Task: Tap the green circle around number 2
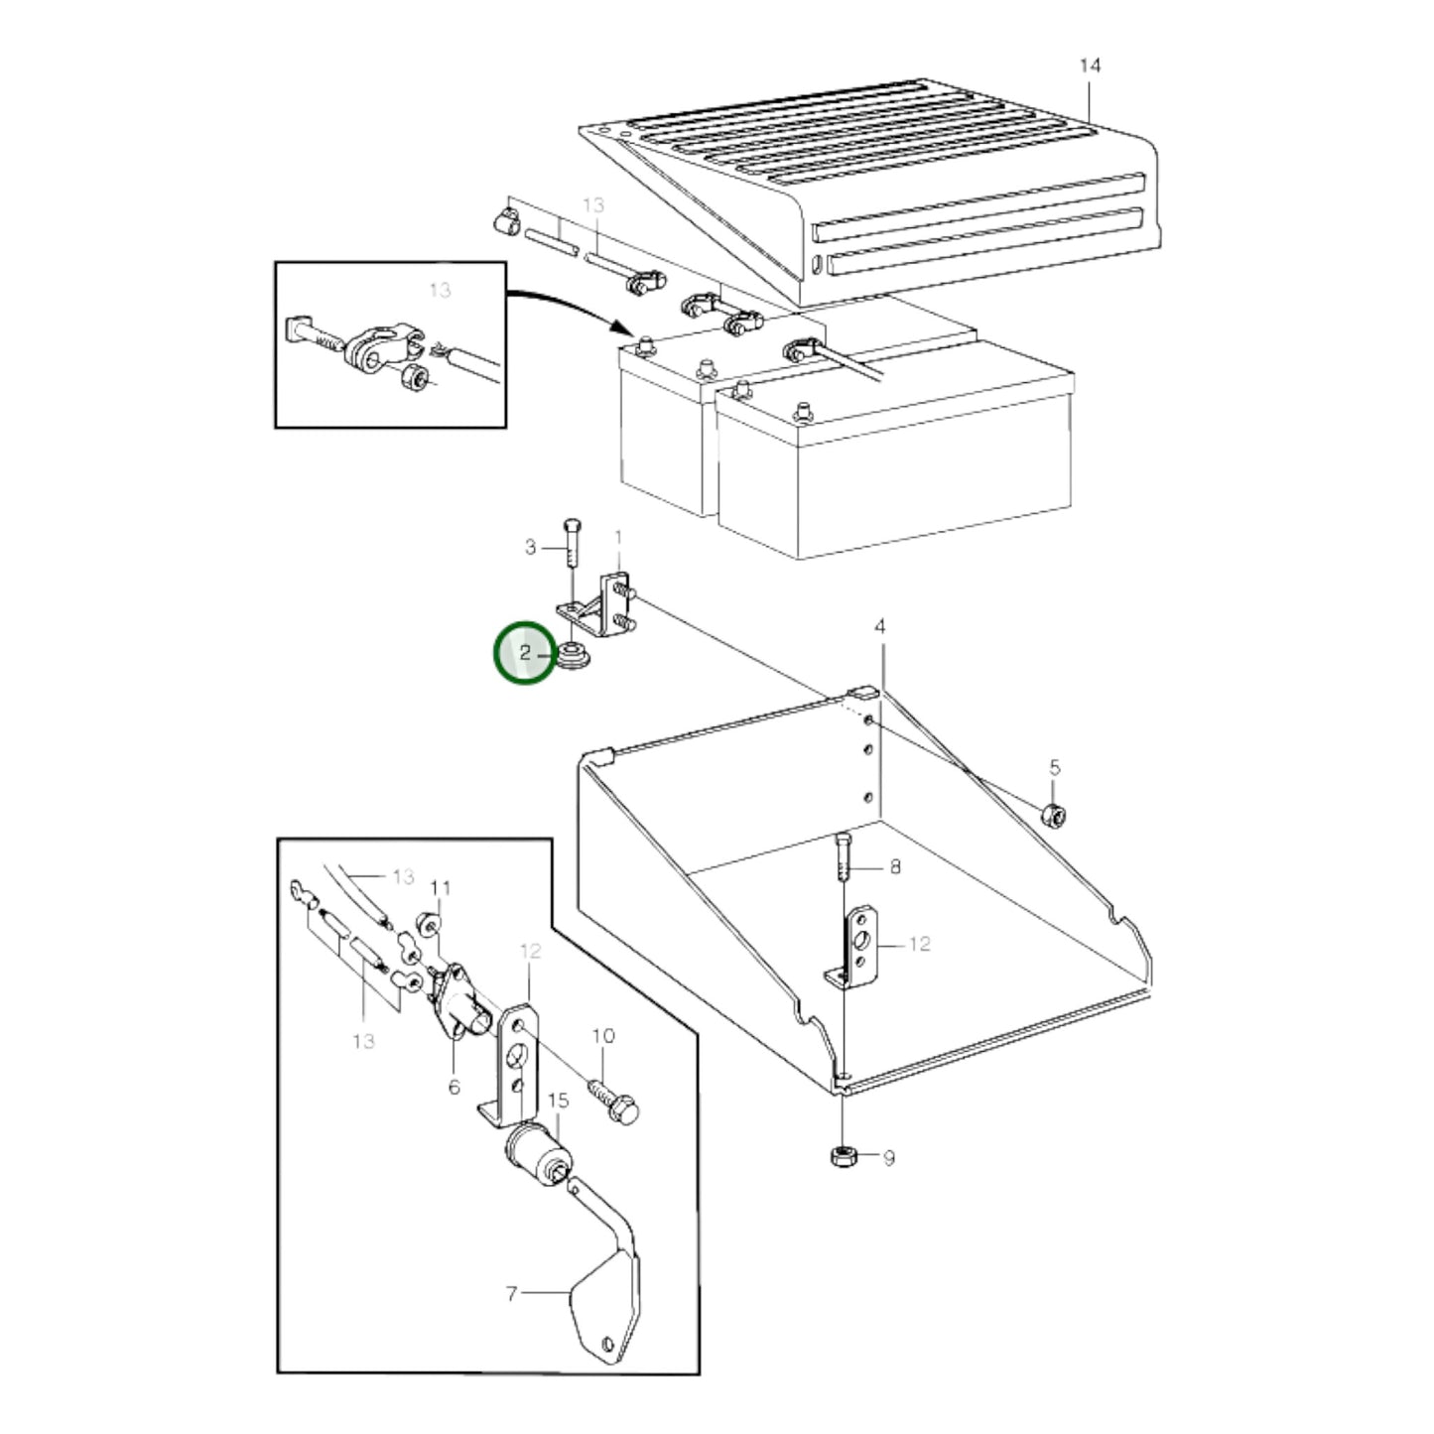point(526,653)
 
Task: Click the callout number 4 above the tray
point(879,627)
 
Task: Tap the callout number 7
point(512,1294)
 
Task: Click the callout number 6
point(454,1087)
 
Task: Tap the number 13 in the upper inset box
point(440,290)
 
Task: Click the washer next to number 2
point(573,656)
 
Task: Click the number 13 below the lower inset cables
point(363,1041)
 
